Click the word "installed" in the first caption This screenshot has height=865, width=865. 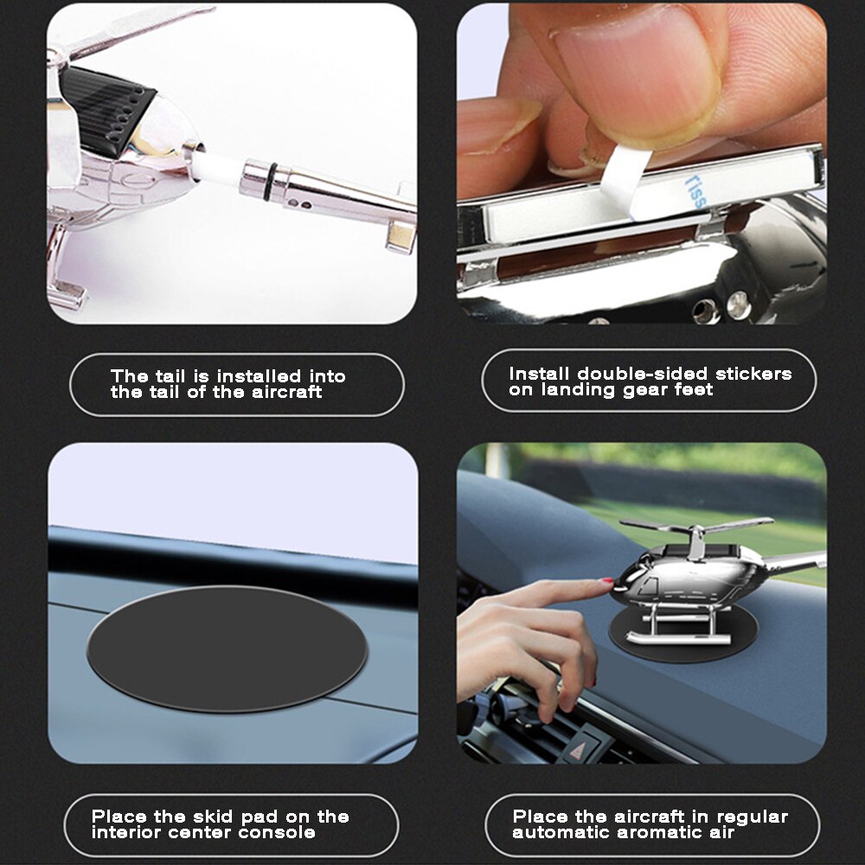[x=258, y=376]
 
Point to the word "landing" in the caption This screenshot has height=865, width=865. [x=578, y=390]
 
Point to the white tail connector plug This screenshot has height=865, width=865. [x=216, y=170]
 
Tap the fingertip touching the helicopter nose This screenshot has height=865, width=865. [x=605, y=585]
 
